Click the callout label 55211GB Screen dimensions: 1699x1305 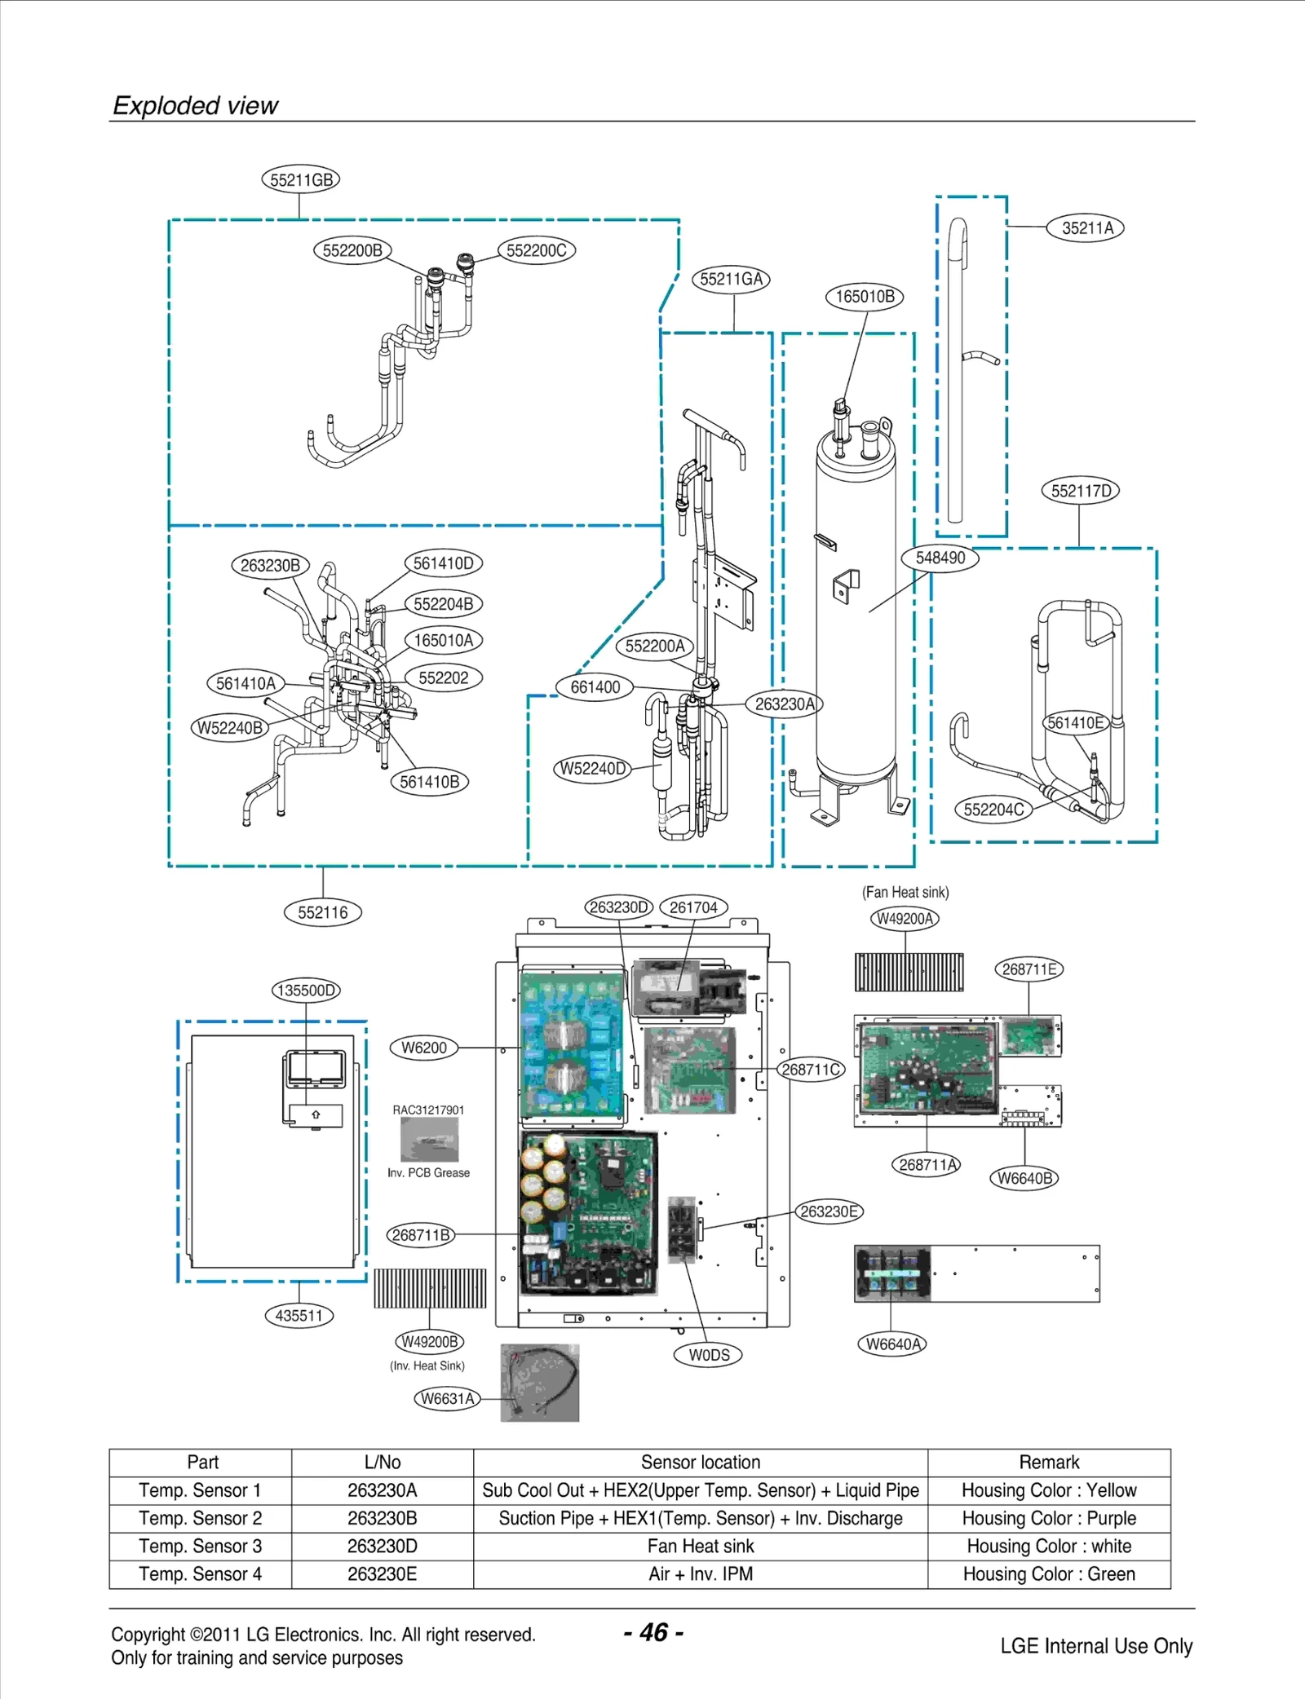(x=300, y=179)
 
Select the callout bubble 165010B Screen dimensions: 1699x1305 (x=865, y=297)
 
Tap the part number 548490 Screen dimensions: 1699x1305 (x=940, y=558)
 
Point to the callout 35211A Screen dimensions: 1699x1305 (x=1086, y=228)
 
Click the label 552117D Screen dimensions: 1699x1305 (x=1080, y=491)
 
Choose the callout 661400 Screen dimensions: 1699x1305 (x=595, y=687)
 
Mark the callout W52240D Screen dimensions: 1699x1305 (x=592, y=769)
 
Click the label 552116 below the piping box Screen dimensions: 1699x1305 (x=322, y=912)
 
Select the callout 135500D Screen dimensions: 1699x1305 (x=306, y=991)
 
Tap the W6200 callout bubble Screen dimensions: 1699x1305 (x=423, y=1048)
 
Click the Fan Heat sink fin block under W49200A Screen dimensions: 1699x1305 (x=909, y=972)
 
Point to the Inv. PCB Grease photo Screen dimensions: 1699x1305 (x=429, y=1139)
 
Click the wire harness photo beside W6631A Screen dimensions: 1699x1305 (x=539, y=1383)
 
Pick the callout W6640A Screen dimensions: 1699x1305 (x=891, y=1344)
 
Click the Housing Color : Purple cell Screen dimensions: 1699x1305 (x=1048, y=1518)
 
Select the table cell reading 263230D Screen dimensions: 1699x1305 (x=382, y=1546)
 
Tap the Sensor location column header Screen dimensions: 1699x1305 (x=700, y=1462)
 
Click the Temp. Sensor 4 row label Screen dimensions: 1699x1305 (x=200, y=1573)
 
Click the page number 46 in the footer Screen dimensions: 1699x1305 (x=653, y=1632)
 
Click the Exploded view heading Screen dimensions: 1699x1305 (x=195, y=105)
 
